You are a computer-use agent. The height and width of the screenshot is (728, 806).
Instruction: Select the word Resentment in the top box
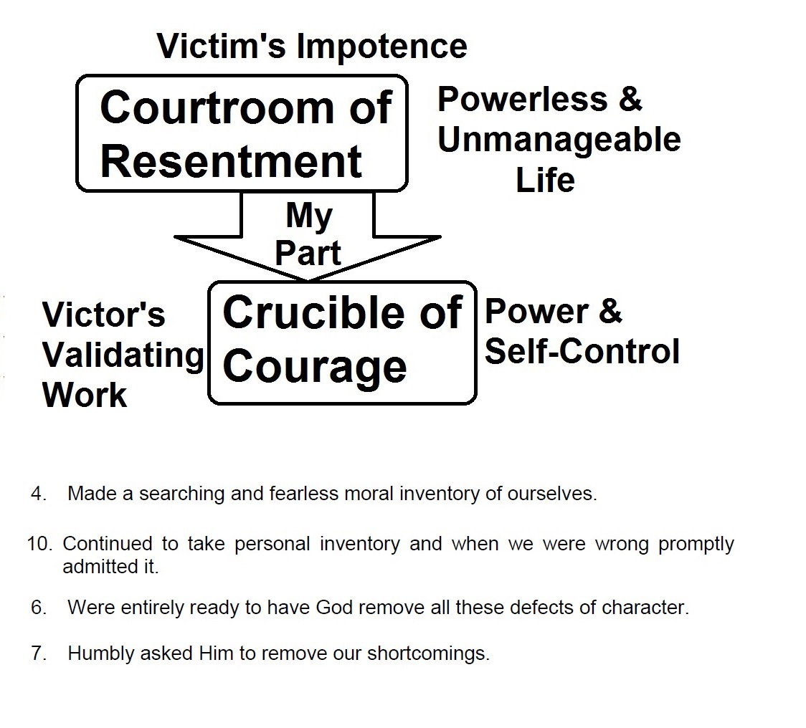pyautogui.click(x=231, y=161)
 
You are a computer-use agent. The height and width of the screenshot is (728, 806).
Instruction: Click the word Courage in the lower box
pyautogui.click(x=315, y=366)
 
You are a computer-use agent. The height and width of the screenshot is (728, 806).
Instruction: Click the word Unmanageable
pyautogui.click(x=559, y=140)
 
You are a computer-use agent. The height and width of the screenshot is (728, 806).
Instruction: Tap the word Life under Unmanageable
pyautogui.click(x=545, y=180)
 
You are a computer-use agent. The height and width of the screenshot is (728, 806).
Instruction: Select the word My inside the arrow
pyautogui.click(x=308, y=215)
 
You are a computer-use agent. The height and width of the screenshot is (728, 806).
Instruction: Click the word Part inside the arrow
pyautogui.click(x=308, y=252)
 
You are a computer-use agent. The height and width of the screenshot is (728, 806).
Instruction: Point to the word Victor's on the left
pyautogui.click(x=103, y=315)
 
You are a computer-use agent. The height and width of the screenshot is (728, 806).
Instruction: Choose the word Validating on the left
pyautogui.click(x=123, y=355)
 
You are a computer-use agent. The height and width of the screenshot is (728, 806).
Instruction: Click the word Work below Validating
pyautogui.click(x=85, y=396)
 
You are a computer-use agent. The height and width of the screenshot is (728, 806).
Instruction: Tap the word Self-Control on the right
pyautogui.click(x=582, y=352)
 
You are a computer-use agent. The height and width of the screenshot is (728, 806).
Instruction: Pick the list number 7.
pyautogui.click(x=38, y=653)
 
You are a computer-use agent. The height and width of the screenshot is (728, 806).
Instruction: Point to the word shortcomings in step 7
pyautogui.click(x=428, y=654)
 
